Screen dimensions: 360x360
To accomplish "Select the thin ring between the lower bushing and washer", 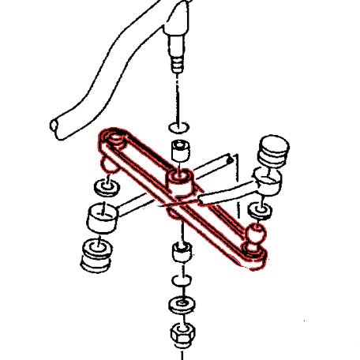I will click(x=181, y=282).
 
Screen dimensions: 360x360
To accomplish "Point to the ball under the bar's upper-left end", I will click(x=108, y=163).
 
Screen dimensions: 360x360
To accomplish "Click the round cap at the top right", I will click(x=272, y=148).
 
